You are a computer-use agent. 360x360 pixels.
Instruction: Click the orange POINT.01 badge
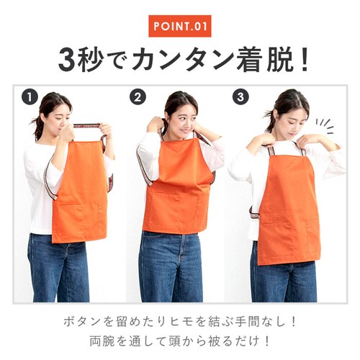(180, 26)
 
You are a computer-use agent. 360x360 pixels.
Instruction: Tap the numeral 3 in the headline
(68, 59)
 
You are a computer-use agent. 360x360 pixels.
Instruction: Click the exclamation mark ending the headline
(305, 59)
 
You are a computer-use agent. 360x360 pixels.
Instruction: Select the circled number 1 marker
(30, 97)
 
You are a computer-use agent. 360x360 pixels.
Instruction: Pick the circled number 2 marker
(138, 97)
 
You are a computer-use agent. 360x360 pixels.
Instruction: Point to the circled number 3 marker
(240, 97)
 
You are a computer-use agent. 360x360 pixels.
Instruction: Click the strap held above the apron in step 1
(87, 126)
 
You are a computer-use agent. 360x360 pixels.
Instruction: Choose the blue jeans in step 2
(171, 266)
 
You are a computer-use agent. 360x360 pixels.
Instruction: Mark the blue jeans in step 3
(284, 279)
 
